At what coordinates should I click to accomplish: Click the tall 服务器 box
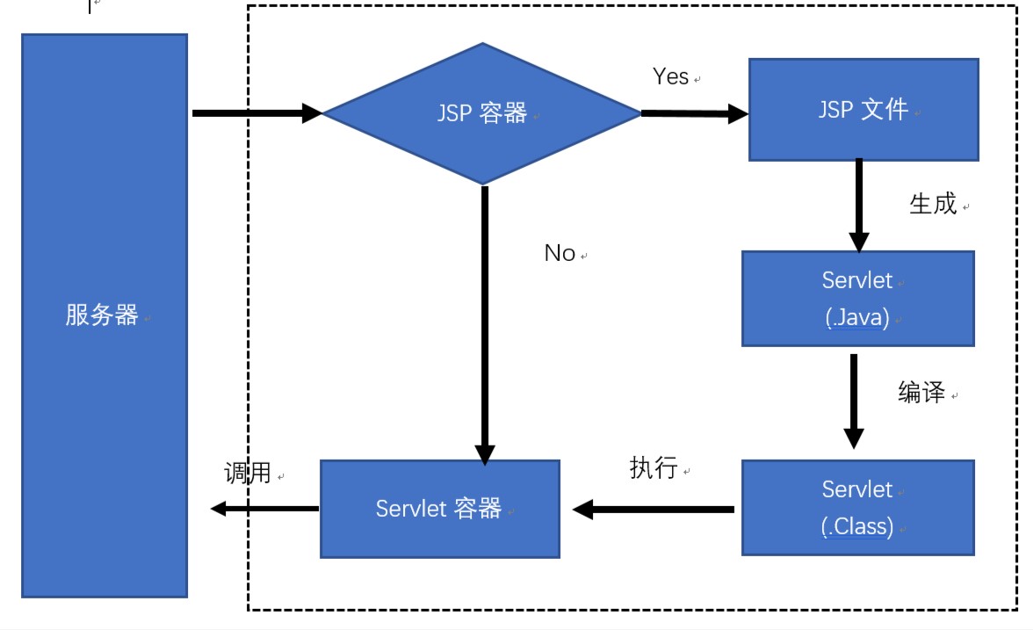click(104, 315)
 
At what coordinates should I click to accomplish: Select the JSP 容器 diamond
click(482, 113)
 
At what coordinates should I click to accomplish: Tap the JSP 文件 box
click(863, 110)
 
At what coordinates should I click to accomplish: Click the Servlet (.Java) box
click(857, 299)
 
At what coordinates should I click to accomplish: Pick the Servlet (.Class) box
click(857, 507)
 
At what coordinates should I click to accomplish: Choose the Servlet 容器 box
click(439, 509)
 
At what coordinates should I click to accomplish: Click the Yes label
click(670, 76)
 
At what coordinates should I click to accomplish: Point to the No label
click(560, 253)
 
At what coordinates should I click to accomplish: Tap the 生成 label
click(932, 205)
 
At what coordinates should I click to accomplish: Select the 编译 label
click(921, 393)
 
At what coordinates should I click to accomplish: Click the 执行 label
click(654, 468)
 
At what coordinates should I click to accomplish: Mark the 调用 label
click(249, 474)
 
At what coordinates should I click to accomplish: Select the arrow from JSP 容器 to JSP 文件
click(694, 113)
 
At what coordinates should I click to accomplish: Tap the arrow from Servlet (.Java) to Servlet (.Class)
click(853, 401)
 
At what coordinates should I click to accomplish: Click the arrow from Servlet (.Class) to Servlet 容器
click(654, 509)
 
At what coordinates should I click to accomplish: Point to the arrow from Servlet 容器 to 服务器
click(264, 508)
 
